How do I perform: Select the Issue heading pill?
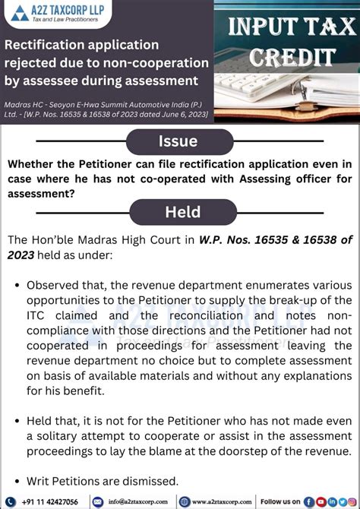point(178,141)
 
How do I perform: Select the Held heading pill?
point(182,212)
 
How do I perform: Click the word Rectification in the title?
point(46,46)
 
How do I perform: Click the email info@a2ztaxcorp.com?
point(137,501)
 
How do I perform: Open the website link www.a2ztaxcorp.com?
point(219,501)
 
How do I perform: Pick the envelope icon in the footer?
point(97,501)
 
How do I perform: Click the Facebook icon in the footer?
point(308,501)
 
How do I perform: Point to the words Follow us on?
point(281,501)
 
